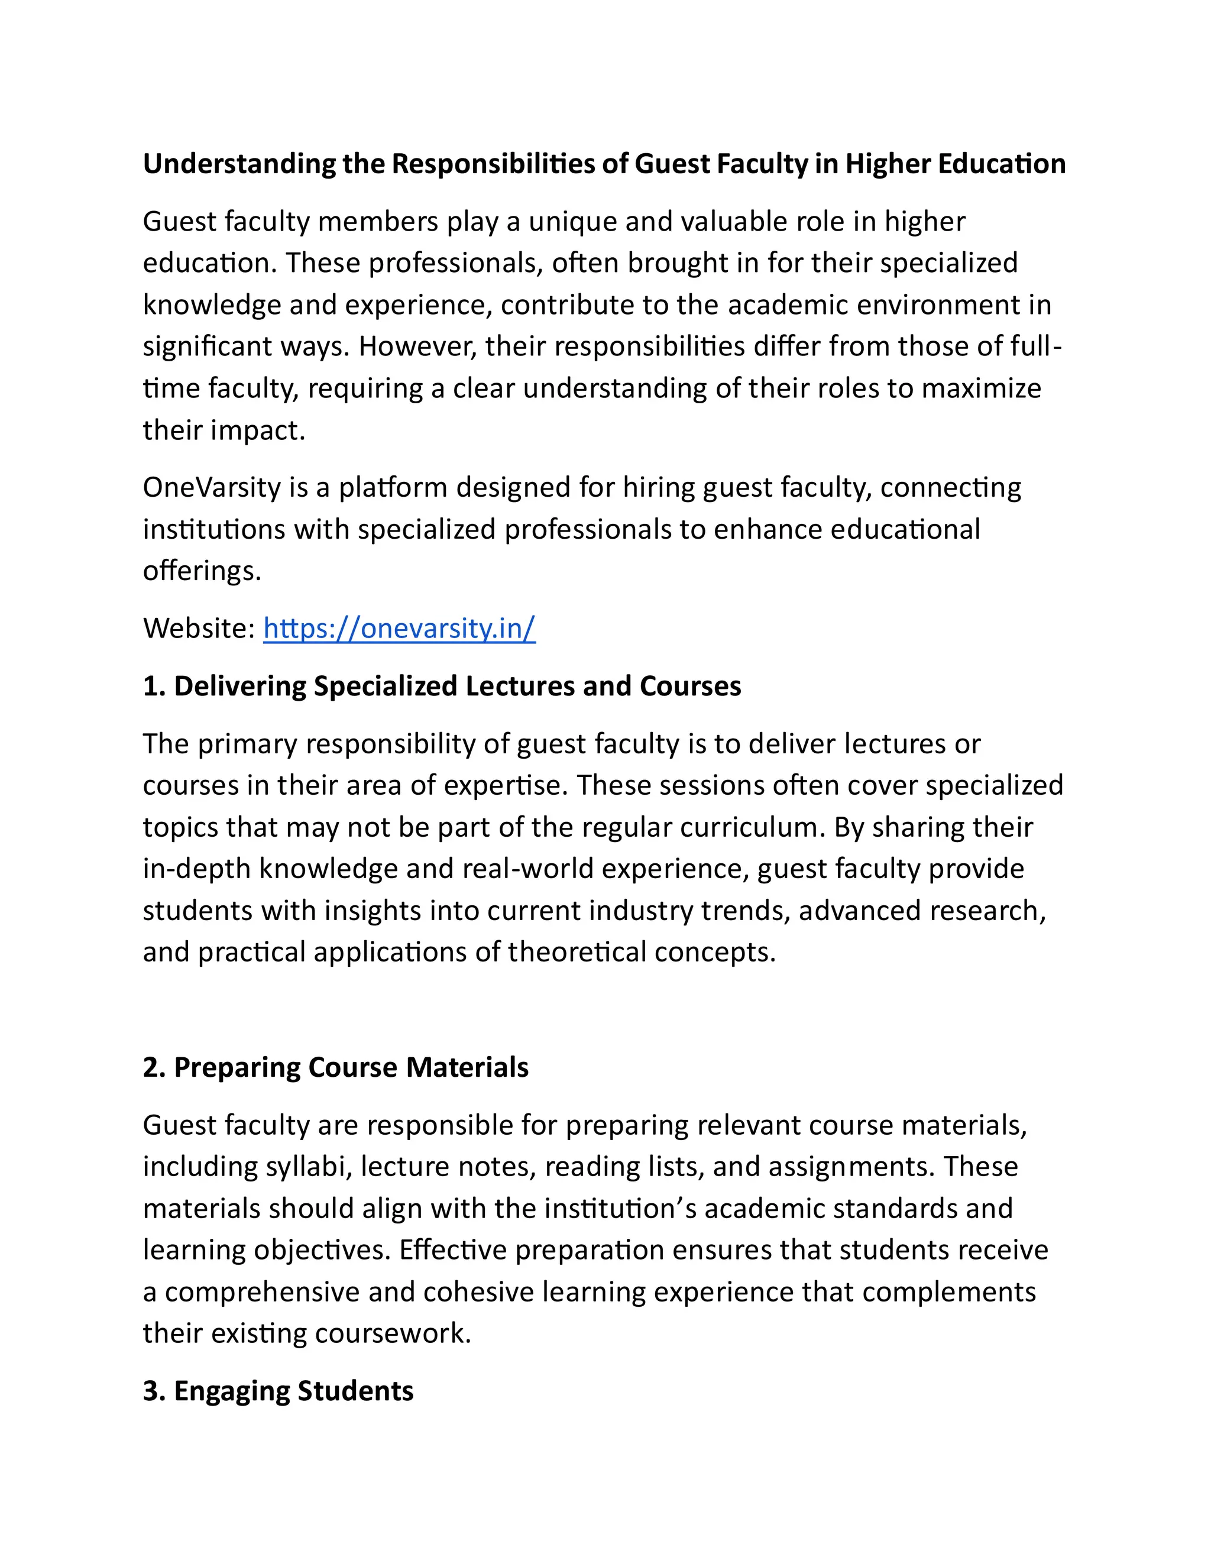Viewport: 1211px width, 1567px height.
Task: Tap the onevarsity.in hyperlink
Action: [399, 629]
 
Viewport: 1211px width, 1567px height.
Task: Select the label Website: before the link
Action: [199, 629]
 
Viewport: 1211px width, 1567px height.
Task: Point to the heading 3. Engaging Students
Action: [279, 1391]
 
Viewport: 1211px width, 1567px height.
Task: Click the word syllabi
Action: [306, 1167]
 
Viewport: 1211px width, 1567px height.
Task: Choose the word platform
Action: [393, 488]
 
